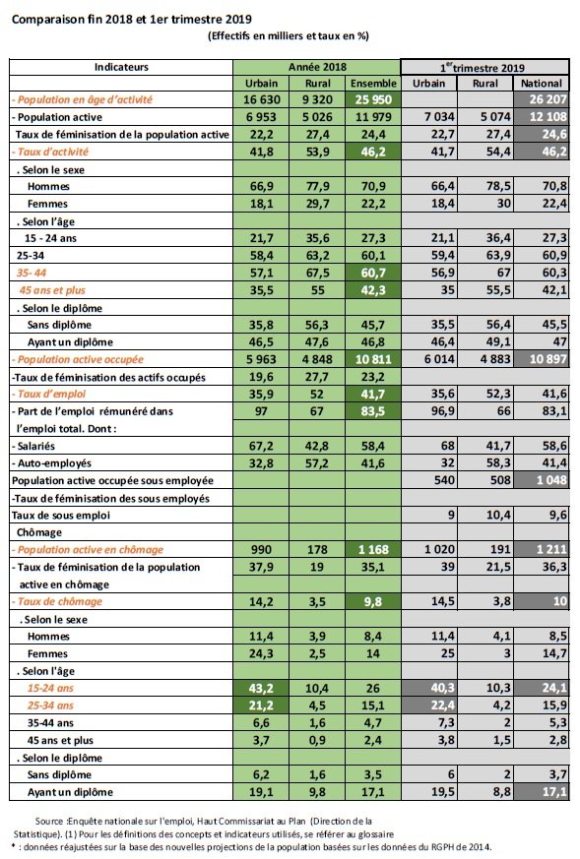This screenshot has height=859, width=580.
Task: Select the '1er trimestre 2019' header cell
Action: click(x=483, y=67)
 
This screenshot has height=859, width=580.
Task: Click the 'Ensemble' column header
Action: click(x=375, y=84)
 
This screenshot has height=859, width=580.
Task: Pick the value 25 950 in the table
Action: click(x=375, y=100)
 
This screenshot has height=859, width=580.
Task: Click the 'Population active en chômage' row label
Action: click(x=89, y=549)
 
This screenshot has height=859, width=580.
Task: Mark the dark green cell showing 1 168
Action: click(x=375, y=549)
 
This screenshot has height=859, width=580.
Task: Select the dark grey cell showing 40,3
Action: click(x=429, y=687)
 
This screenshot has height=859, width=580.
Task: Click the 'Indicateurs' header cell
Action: click(x=121, y=67)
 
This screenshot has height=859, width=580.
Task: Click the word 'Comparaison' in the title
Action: click(x=48, y=17)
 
